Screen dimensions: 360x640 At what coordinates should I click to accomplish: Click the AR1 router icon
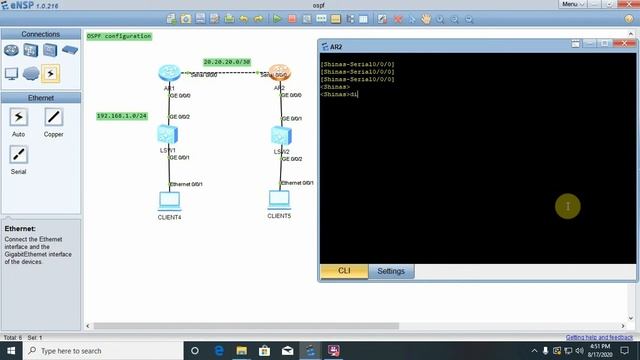point(168,73)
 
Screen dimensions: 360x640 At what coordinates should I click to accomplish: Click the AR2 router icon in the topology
point(278,73)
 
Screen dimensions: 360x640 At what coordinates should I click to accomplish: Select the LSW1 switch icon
point(168,136)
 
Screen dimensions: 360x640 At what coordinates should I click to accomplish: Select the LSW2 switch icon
point(279,136)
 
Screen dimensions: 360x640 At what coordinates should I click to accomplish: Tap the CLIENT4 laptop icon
point(169,199)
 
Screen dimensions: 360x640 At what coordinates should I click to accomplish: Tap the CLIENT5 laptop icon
point(279,198)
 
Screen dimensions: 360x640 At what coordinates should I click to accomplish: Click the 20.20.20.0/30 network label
point(226,61)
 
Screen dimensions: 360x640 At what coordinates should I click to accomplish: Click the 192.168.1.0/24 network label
point(121,116)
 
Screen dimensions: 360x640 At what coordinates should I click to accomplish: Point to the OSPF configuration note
point(119,36)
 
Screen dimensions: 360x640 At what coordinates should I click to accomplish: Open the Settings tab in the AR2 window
point(391,271)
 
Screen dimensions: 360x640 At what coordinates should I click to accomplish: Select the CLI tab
point(344,271)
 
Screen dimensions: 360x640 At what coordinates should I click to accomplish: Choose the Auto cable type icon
point(18,117)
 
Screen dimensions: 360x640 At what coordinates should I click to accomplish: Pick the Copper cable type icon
point(53,117)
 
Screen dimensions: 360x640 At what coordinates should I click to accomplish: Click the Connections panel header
point(40,34)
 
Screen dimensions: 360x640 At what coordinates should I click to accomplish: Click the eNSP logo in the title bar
point(20,7)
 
